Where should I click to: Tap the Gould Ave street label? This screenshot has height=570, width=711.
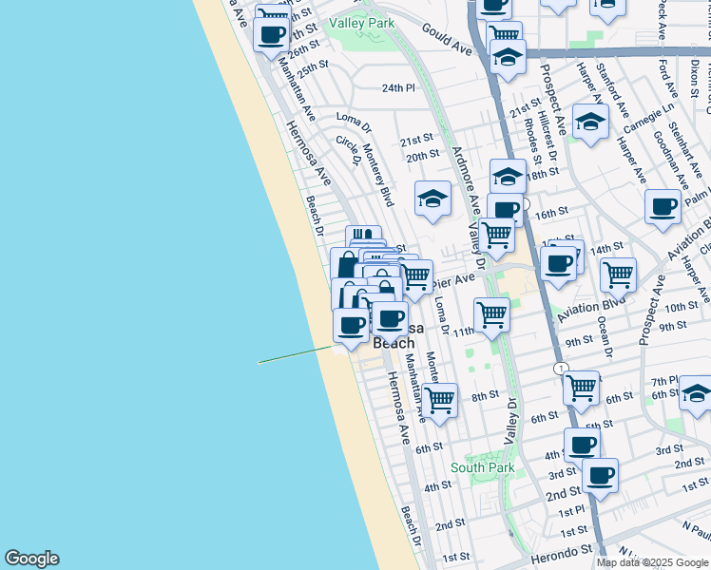point(447,40)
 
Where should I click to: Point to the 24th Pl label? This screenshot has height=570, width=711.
point(399,87)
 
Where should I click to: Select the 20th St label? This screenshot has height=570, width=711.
point(422,155)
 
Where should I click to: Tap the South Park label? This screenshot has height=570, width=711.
point(483,467)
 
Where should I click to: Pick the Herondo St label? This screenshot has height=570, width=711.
point(568,549)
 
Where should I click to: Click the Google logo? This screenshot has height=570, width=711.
point(31,559)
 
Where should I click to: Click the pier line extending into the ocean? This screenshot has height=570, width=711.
point(295,354)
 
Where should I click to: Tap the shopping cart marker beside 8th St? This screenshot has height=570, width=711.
point(440,400)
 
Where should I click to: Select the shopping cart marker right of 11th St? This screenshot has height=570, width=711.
point(492,313)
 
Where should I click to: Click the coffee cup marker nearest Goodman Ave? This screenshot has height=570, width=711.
point(663,206)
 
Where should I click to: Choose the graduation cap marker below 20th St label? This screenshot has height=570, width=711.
point(433,199)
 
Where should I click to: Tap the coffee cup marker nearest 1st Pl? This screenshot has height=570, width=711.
point(601,474)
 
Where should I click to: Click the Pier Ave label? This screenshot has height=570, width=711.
point(452,281)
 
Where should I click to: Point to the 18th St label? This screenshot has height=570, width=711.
point(543,174)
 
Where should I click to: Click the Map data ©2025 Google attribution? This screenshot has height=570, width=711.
point(652,562)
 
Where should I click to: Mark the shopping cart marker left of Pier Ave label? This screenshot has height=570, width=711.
point(415,276)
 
